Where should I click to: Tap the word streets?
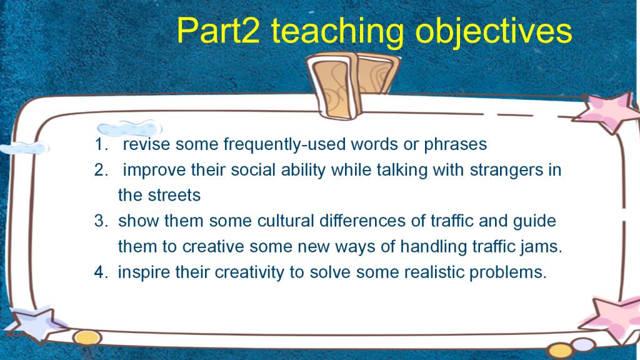coord(174,196)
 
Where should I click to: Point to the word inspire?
coord(144,272)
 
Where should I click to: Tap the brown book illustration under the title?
coord(352,86)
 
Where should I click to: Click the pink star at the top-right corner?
coord(607,112)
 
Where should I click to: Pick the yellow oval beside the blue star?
coord(86,338)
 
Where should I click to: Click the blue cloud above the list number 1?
coord(129,128)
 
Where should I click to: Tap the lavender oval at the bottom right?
coord(583,345)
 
